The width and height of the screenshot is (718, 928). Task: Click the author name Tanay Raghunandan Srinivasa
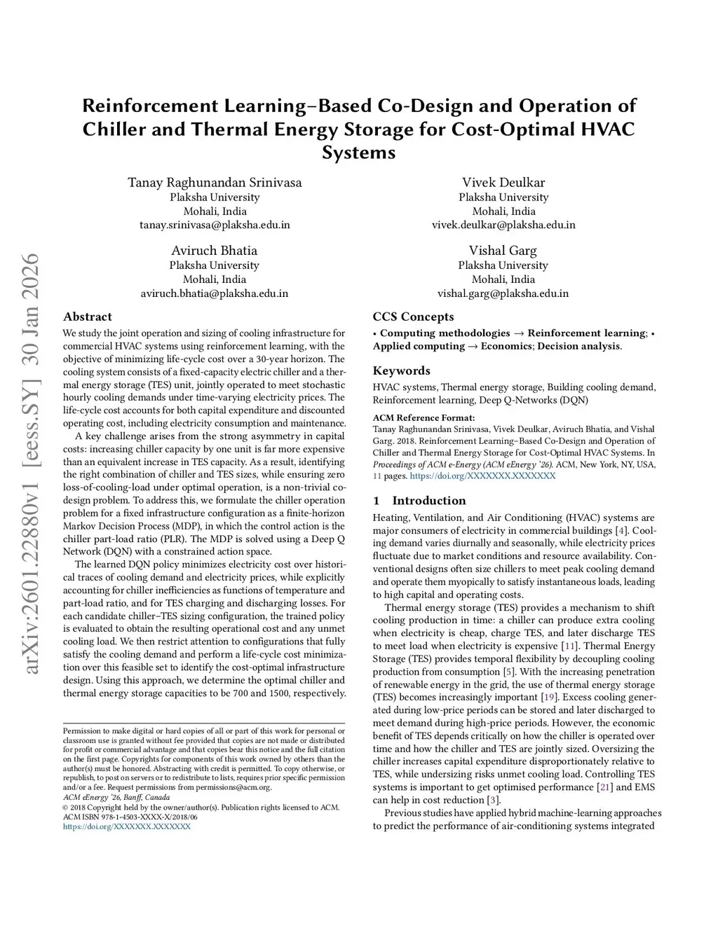tap(215, 183)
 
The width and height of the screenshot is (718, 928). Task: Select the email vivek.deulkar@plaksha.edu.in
tap(503, 225)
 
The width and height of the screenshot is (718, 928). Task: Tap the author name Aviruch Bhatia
tap(214, 251)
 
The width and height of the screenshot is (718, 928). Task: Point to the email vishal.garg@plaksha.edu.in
tap(503, 293)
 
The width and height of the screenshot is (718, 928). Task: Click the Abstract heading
tap(88, 317)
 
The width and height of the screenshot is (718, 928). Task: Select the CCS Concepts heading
tap(413, 317)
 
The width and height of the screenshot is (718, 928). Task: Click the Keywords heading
tap(401, 370)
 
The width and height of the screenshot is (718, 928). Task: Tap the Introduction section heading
tap(428, 501)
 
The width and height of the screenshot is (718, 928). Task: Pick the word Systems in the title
tap(358, 153)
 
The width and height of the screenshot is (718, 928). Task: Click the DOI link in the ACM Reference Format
tap(482, 476)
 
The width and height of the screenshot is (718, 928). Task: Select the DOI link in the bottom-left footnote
tap(126, 826)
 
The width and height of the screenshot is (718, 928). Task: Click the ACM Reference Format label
tap(424, 418)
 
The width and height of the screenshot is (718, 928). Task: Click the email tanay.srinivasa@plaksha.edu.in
tap(215, 225)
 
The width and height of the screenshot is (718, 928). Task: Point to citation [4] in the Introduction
tap(621, 530)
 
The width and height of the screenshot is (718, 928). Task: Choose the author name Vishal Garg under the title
tap(503, 251)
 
